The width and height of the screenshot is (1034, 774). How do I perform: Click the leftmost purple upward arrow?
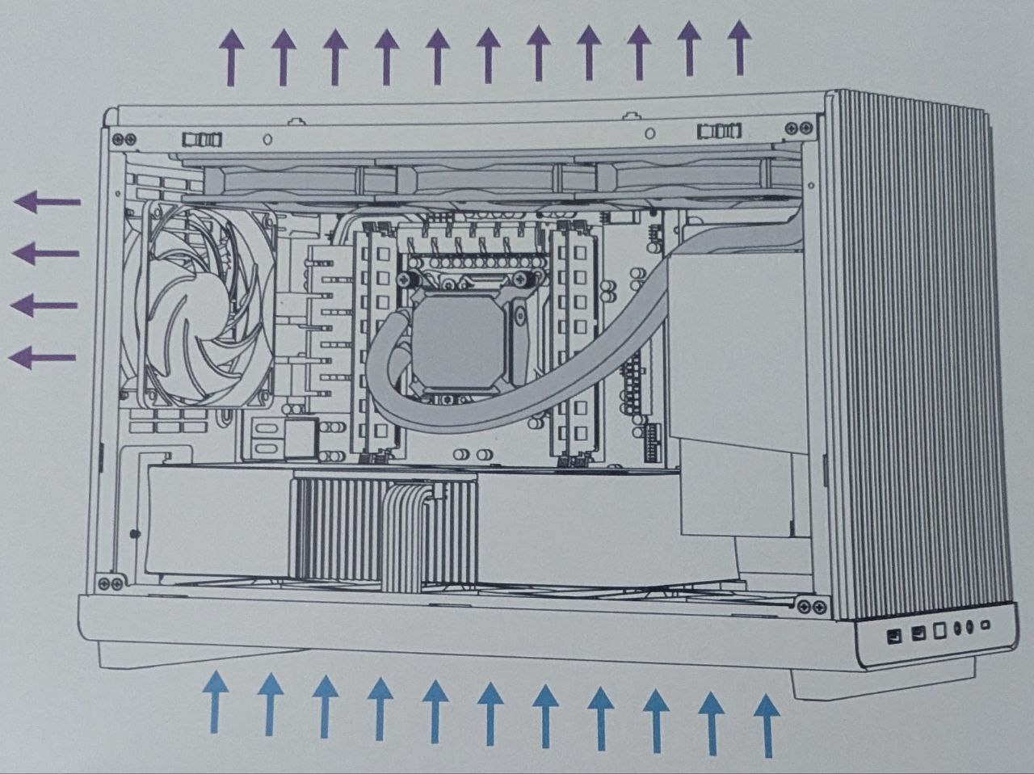[232, 57]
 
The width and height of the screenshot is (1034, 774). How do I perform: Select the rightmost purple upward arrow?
[738, 48]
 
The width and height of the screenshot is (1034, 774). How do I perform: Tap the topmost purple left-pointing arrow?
[48, 202]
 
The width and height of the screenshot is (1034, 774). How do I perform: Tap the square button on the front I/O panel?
[938, 631]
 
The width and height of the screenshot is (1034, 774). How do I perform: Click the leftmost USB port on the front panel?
[893, 635]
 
